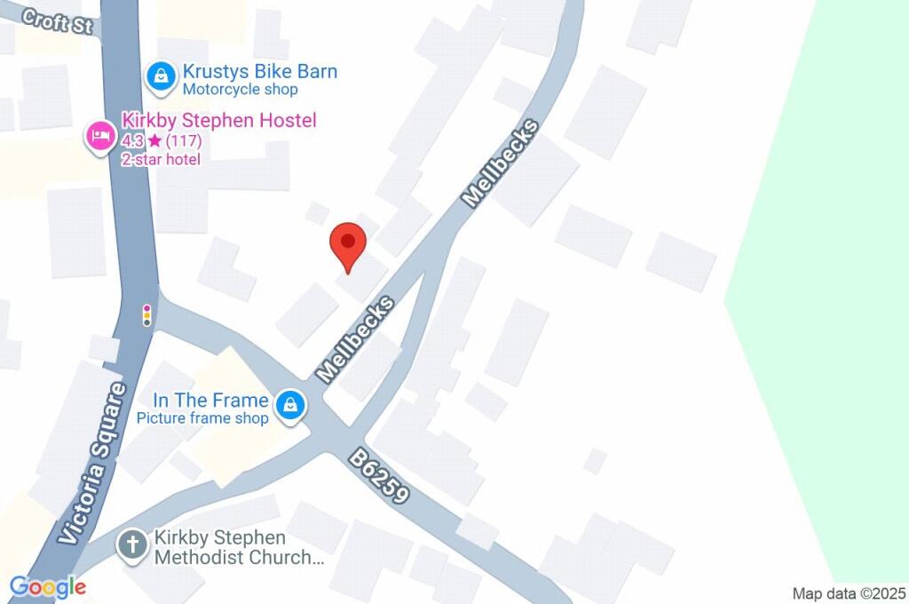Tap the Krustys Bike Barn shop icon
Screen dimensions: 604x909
(161, 77)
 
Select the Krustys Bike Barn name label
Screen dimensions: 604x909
(259, 72)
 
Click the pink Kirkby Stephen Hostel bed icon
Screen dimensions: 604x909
(99, 137)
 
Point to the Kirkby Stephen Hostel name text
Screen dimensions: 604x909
(218, 121)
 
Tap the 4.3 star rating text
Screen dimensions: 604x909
(162, 140)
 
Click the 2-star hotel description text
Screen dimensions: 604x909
(161, 159)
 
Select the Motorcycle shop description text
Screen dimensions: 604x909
(240, 90)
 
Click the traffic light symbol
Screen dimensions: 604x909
(147, 314)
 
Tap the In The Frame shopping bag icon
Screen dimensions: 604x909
(290, 407)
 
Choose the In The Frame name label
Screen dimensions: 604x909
(210, 401)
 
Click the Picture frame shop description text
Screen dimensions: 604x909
(202, 418)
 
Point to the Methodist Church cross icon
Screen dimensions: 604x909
(133, 545)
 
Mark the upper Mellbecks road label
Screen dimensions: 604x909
(501, 164)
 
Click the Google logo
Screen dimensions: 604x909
(48, 586)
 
